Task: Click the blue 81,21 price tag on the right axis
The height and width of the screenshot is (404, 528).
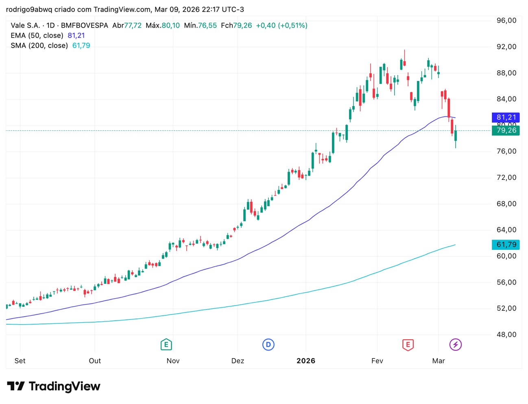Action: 506,117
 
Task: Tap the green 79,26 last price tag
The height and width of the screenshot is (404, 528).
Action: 506,130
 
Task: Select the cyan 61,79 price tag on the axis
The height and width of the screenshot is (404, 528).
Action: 506,245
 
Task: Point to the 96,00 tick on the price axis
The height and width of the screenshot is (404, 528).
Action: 506,20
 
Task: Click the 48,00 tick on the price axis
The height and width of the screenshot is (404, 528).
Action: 506,334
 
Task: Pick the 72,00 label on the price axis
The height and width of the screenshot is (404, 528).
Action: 506,177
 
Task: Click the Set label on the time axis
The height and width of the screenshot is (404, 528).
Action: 20,360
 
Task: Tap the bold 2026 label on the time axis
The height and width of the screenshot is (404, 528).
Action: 305,360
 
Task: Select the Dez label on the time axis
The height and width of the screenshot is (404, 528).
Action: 238,360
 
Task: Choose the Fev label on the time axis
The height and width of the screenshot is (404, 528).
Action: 377,360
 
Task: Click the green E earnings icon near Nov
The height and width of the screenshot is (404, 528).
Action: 166,345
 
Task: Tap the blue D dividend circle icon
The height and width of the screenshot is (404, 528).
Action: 268,345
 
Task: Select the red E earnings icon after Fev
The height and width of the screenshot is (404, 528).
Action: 408,345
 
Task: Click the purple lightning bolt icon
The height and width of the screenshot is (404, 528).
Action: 455,345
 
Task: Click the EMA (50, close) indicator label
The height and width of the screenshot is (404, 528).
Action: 37,35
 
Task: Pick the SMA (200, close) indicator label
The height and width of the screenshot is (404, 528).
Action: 39,46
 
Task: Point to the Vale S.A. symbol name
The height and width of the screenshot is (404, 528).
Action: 25,25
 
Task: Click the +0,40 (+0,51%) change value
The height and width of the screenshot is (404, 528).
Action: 281,25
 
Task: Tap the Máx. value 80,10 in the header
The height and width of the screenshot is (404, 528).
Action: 170,25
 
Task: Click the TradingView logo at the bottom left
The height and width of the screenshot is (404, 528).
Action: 54,386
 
